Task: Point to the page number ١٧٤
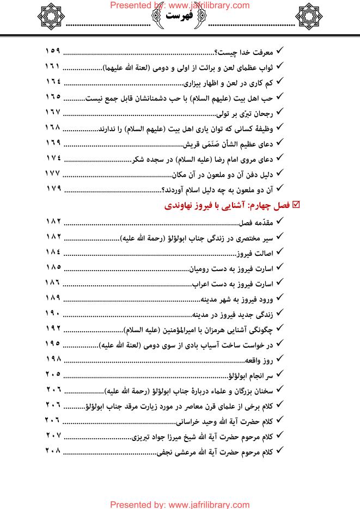(x=52, y=159)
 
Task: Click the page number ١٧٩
(x=52, y=189)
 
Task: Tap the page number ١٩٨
(x=52, y=360)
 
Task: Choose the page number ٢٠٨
(x=52, y=452)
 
